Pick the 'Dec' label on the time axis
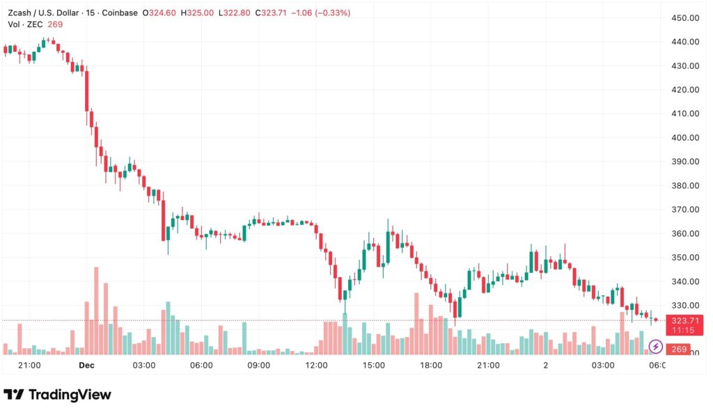pos(86,365)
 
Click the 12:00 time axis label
pos(317,365)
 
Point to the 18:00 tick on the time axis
pos(431,365)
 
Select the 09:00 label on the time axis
pos(259,365)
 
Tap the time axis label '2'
pos(546,365)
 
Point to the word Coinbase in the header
pos(119,13)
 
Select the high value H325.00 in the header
pos(197,13)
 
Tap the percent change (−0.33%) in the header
pos(331,13)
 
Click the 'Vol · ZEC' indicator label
pos(24,24)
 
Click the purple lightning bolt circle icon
pos(655,346)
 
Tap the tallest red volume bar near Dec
pos(96,311)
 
